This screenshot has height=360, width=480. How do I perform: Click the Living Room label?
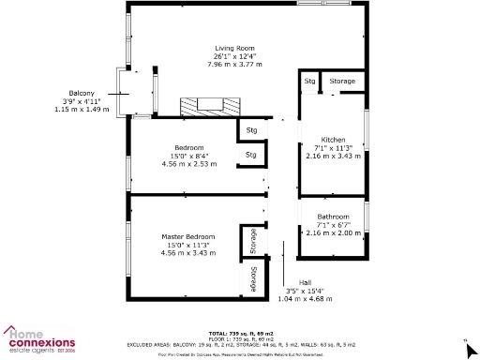234,48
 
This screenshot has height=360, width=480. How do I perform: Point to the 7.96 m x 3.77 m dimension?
234,65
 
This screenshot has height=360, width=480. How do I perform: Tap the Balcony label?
81,93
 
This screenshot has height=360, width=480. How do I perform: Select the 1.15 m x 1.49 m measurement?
81,110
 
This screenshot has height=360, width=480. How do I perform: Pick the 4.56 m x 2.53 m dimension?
187,164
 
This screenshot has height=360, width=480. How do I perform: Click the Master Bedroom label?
187,237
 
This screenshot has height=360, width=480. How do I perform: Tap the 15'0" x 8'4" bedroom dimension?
187,156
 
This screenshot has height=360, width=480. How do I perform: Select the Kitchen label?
333,139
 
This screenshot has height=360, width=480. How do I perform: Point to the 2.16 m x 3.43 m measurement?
333,156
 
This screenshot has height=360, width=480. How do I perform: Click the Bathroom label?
333,217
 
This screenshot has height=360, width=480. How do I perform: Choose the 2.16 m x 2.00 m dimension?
333,233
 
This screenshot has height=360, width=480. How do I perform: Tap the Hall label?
305,282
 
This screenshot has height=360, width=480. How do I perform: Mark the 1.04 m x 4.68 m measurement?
305,299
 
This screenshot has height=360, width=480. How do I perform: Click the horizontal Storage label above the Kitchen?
342,82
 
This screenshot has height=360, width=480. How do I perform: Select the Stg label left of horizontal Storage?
309,82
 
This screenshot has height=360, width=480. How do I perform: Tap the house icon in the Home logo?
12,331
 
